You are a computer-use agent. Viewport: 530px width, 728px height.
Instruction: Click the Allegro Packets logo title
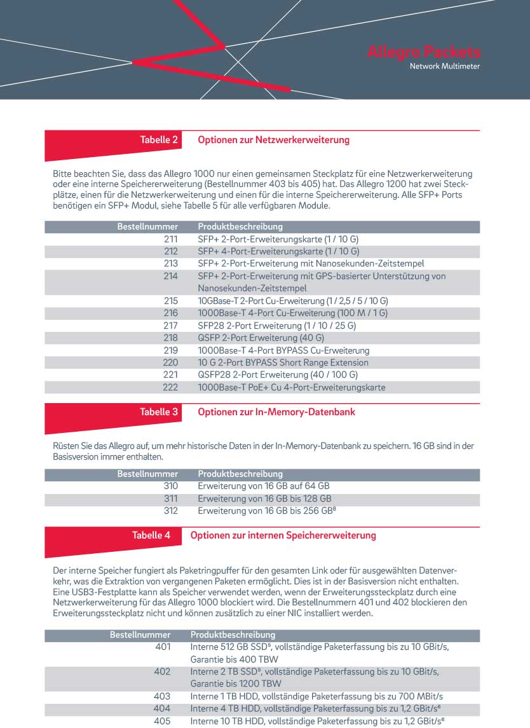(424, 52)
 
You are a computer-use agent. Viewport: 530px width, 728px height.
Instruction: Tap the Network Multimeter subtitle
(445, 66)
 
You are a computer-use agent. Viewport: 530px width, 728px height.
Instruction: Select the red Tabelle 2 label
(159, 140)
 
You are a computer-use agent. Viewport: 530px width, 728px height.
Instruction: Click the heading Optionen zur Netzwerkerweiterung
(273, 140)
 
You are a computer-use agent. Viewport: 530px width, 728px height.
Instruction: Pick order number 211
(170, 239)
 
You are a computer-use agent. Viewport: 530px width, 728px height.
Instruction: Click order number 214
(170, 276)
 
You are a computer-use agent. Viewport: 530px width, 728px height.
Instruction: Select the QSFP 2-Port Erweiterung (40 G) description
(261, 338)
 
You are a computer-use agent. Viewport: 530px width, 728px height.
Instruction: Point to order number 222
(170, 387)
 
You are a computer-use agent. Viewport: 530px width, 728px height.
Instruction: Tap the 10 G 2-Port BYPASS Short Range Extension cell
(283, 362)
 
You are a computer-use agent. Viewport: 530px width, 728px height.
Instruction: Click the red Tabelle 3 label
(159, 412)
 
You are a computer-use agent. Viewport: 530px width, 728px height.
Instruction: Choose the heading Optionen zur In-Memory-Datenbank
(276, 412)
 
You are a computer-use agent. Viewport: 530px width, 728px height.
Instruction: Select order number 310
(170, 486)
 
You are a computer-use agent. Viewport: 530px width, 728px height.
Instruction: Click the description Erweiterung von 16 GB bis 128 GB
(264, 498)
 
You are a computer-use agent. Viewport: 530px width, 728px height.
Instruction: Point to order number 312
(170, 511)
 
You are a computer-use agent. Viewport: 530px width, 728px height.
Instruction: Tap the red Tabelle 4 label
(151, 535)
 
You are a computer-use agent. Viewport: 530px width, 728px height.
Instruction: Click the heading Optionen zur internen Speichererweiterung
(283, 535)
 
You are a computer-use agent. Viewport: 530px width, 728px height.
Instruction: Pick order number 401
(163, 647)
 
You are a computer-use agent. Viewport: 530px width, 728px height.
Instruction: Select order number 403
(163, 696)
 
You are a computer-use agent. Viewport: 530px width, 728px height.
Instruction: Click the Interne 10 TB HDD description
(316, 721)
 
